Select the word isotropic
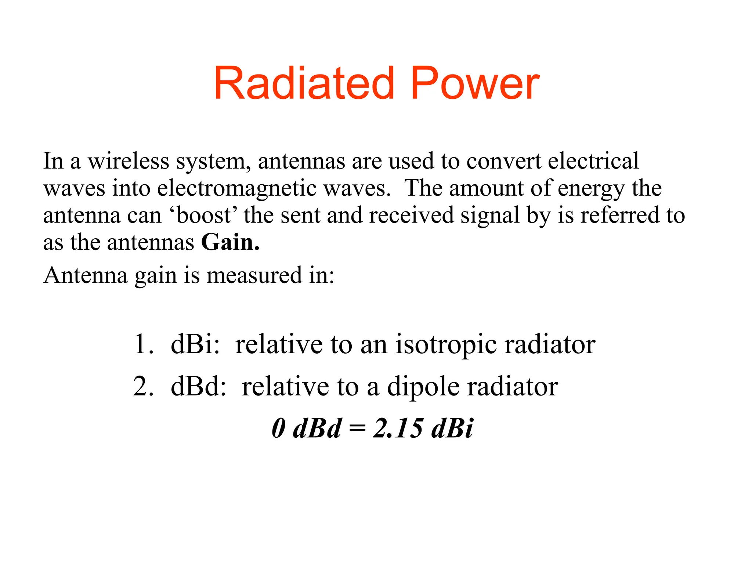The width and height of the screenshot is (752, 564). (x=446, y=345)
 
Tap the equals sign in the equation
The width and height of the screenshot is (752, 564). (x=358, y=429)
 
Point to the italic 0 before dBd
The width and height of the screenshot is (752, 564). (x=279, y=428)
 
